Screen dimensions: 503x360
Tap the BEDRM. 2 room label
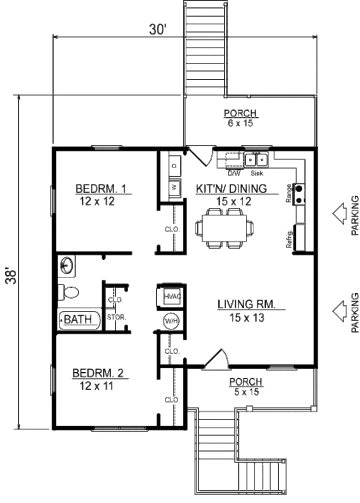click(x=98, y=373)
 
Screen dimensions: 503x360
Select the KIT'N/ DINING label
click(x=231, y=189)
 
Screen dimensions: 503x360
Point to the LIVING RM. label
click(x=246, y=304)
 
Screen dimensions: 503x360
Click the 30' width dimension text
click(x=157, y=30)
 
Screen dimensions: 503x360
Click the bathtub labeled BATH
click(x=79, y=320)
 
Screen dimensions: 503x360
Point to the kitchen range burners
click(x=300, y=194)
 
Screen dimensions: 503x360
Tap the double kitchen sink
click(x=256, y=160)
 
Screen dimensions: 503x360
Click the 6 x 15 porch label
click(x=240, y=123)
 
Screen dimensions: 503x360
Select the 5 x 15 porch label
click(x=246, y=392)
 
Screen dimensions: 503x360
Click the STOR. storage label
click(x=116, y=318)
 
